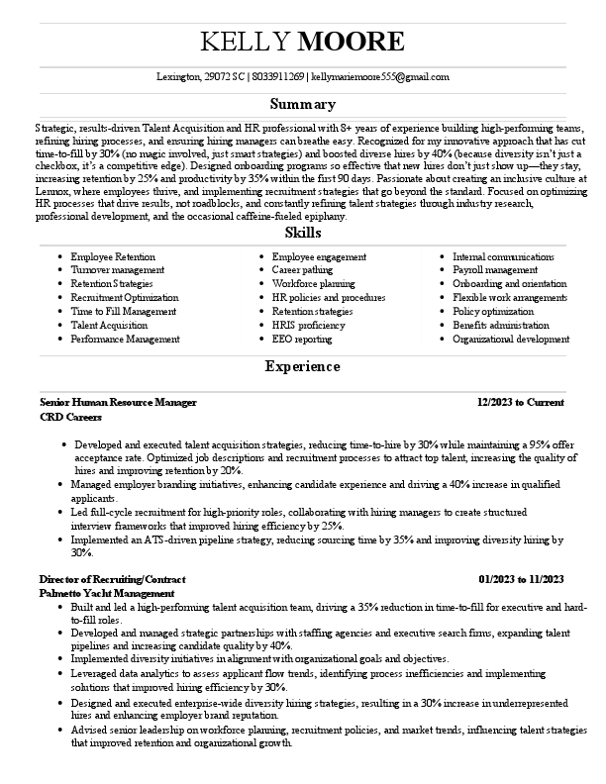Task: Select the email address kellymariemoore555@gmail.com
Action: [x=381, y=76]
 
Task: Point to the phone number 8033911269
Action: [x=278, y=76]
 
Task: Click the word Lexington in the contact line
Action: [x=178, y=76]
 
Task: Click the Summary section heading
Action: [x=303, y=104]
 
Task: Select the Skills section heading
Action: [x=303, y=233]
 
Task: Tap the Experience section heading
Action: [x=303, y=367]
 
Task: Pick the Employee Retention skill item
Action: [x=113, y=256]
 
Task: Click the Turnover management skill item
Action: [x=118, y=270]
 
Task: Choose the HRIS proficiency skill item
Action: [x=309, y=325]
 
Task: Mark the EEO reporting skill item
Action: [x=302, y=339]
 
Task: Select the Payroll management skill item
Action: [x=495, y=270]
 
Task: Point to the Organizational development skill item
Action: [x=511, y=339]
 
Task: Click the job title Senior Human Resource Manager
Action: [x=118, y=403]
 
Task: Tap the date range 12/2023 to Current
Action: [x=520, y=403]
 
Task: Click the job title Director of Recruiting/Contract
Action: [x=112, y=578]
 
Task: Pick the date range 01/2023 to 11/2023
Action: [x=521, y=578]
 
